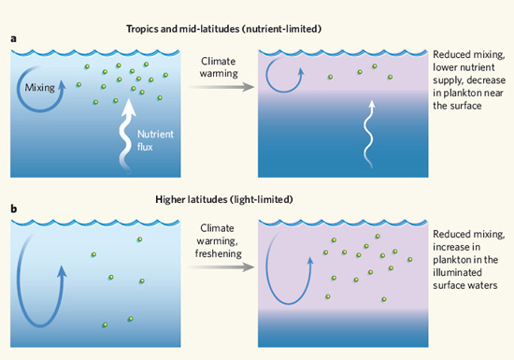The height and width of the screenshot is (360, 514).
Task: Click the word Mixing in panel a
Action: pos(40,88)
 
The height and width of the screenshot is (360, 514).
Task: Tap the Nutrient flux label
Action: pos(155,140)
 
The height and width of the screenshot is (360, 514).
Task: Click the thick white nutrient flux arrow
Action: pos(126,136)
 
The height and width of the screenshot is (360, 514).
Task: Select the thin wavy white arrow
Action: pos(369,135)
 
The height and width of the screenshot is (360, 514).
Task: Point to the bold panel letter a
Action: pos(13,39)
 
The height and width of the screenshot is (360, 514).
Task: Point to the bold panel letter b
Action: pos(13,209)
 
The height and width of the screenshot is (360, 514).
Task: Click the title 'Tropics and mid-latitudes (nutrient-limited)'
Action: pos(224,29)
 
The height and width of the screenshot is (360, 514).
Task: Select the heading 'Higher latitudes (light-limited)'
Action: pos(224,199)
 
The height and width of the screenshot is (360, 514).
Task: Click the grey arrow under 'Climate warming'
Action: pos(221,87)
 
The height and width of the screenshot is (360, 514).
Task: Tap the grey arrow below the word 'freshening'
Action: pos(221,266)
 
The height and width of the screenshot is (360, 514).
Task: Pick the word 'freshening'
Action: pos(219,253)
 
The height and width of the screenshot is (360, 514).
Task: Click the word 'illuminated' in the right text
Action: pos(457,272)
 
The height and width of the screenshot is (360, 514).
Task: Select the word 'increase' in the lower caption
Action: pos(457,247)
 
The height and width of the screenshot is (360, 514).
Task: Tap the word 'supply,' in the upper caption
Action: pos(448,81)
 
